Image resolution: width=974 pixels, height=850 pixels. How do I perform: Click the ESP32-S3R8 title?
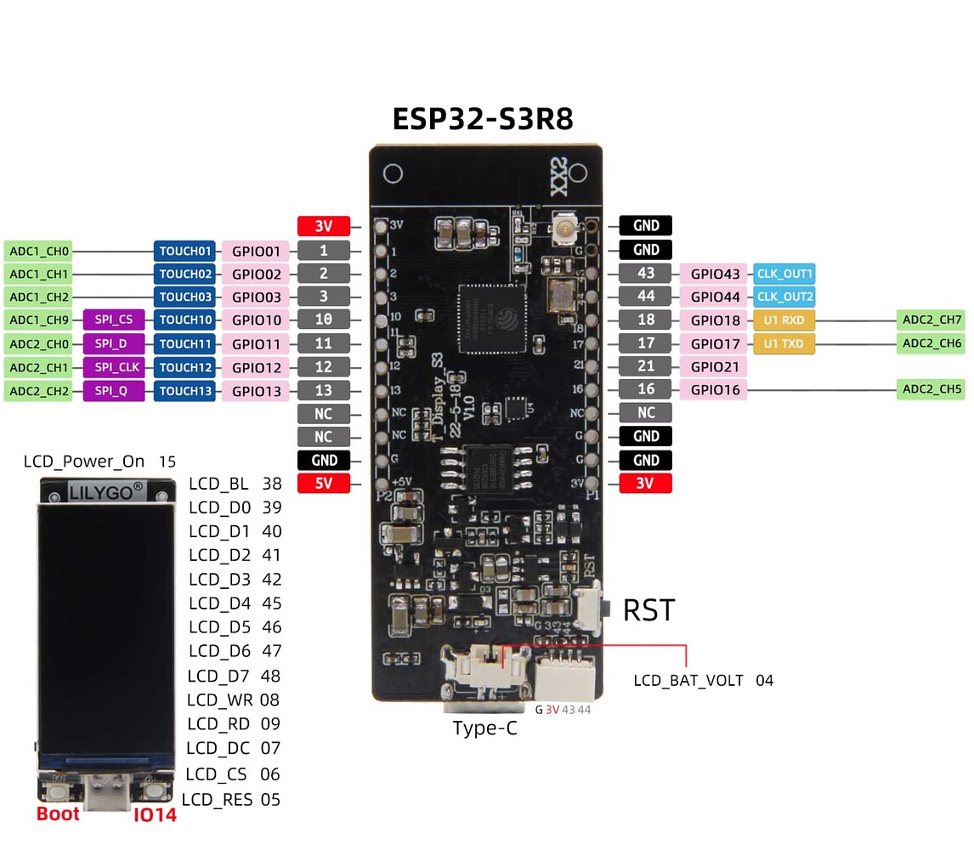coord(483,118)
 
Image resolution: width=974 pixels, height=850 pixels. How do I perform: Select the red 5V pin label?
coord(324,484)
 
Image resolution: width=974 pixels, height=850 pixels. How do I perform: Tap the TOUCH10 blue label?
coord(184,320)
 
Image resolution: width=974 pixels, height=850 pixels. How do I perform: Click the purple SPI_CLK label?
coord(114,367)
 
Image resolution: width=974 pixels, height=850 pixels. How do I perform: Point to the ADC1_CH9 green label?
coord(38,320)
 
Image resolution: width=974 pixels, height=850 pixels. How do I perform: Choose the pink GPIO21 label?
coord(712,366)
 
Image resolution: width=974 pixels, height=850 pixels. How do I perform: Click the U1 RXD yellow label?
coord(784,320)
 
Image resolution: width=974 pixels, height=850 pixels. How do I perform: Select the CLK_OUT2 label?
coord(784,297)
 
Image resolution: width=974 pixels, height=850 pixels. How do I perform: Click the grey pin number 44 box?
coord(645,297)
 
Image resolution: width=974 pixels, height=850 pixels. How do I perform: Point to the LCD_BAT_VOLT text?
coord(688,681)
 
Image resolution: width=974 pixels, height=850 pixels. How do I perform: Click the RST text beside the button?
coord(648,610)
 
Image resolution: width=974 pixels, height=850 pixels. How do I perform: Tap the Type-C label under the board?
coord(484,728)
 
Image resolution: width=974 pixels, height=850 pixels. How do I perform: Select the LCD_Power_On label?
coord(84,462)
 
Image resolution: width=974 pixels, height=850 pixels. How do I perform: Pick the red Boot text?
coord(58,813)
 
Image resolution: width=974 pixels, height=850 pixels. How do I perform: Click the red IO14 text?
coord(155,814)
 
